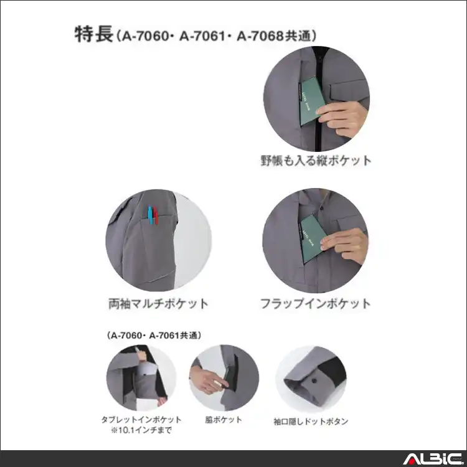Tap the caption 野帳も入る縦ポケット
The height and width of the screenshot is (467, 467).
[x=316, y=161]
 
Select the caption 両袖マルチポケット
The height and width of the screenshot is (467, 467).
[x=158, y=304]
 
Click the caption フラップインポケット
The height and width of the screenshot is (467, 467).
[x=316, y=304]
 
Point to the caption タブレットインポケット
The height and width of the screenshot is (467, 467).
[x=141, y=420]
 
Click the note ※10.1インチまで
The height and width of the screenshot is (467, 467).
[x=141, y=430]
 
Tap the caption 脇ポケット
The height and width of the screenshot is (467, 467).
[x=223, y=420]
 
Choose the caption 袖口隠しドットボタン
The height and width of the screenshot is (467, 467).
[x=311, y=422]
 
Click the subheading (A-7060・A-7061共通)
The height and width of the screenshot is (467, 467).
[x=154, y=336]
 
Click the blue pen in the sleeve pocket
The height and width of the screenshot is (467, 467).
[x=149, y=214]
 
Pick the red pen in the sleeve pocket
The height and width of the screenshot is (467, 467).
[x=156, y=215]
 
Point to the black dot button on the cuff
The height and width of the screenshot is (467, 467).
[x=314, y=379]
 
